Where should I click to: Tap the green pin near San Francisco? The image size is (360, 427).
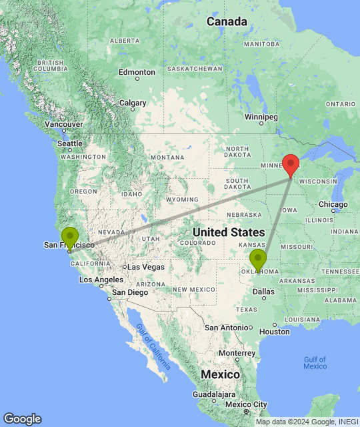[x=69, y=238]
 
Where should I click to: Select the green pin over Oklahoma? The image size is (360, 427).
[x=258, y=260]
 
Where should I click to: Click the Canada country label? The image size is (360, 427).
[x=227, y=21]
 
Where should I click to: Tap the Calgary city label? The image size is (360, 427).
[x=133, y=103]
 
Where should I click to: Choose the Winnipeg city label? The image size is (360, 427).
[x=260, y=117]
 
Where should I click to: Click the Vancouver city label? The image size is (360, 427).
[x=64, y=124]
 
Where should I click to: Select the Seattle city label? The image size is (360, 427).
[x=69, y=143]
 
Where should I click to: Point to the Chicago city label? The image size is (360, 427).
[x=333, y=203]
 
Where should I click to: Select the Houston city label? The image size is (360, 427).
[x=275, y=331]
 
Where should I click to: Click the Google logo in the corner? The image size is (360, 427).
[x=22, y=418]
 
